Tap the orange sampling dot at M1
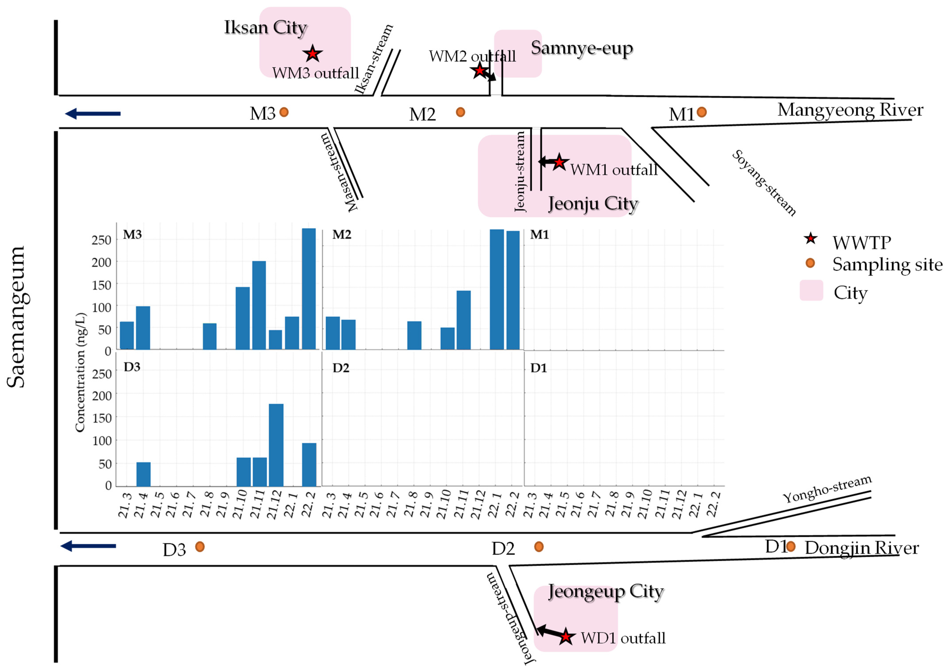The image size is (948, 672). [x=702, y=112]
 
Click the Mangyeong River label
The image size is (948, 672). [x=850, y=110]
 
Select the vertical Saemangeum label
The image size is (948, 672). [x=17, y=317]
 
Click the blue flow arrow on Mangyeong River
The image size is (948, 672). [x=93, y=113]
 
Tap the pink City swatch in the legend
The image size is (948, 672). [x=811, y=291]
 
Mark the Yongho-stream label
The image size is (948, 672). [x=827, y=489]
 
